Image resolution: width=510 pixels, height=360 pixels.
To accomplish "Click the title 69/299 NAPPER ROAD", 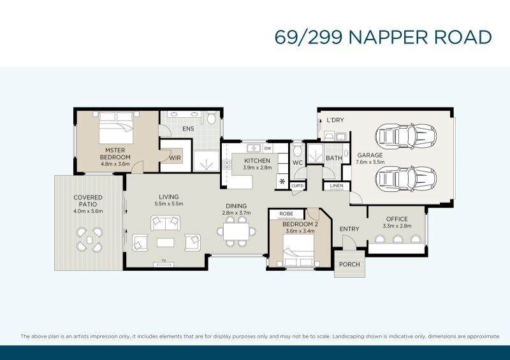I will point(383,36).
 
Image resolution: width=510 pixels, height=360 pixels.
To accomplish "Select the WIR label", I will point(175,158).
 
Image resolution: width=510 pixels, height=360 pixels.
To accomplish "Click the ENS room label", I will point(188,129).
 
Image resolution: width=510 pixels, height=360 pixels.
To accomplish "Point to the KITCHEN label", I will point(257,161).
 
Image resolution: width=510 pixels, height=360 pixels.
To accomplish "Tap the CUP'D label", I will point(297,185).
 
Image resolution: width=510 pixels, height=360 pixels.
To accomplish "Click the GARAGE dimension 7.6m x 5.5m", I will point(370,162).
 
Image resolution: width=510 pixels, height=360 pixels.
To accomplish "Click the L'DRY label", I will point(335,120).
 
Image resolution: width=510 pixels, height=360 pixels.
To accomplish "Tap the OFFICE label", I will point(397,219).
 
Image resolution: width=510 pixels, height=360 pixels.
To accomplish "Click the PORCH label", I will point(349,264).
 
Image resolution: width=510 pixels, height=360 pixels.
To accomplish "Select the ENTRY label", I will point(349,229).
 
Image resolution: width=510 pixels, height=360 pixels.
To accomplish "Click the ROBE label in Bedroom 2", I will point(286,213).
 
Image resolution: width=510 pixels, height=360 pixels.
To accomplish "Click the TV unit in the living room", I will point(164,262).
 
